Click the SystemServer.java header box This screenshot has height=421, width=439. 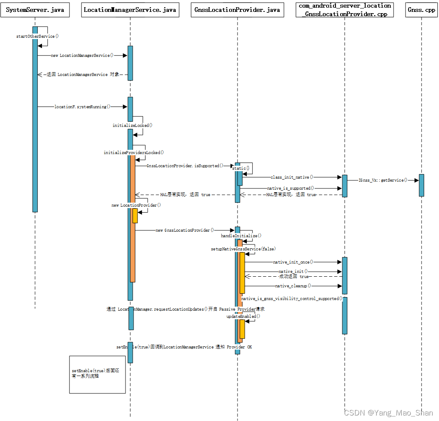pos(35,10)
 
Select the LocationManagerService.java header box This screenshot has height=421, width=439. pos(130,10)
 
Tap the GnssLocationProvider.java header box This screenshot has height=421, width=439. pos(237,10)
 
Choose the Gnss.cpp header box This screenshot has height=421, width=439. pos(421,10)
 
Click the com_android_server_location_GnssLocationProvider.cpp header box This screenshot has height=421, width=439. pos(345,10)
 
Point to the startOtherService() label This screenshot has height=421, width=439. pos(37,36)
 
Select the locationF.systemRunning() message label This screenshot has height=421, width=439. pos(82,107)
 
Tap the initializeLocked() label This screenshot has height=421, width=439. pos(132,126)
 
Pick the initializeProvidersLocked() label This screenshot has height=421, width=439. pos(134,152)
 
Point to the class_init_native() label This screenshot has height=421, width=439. pos(292,177)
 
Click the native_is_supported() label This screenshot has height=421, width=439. pos(291,188)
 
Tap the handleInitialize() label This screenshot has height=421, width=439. pos(241,236)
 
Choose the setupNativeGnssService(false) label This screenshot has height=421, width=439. pos(243,249)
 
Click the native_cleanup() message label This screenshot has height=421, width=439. pos(293,286)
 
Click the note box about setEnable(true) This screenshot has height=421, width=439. pos(97,375)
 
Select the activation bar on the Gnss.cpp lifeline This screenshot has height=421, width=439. pos(421,185)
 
